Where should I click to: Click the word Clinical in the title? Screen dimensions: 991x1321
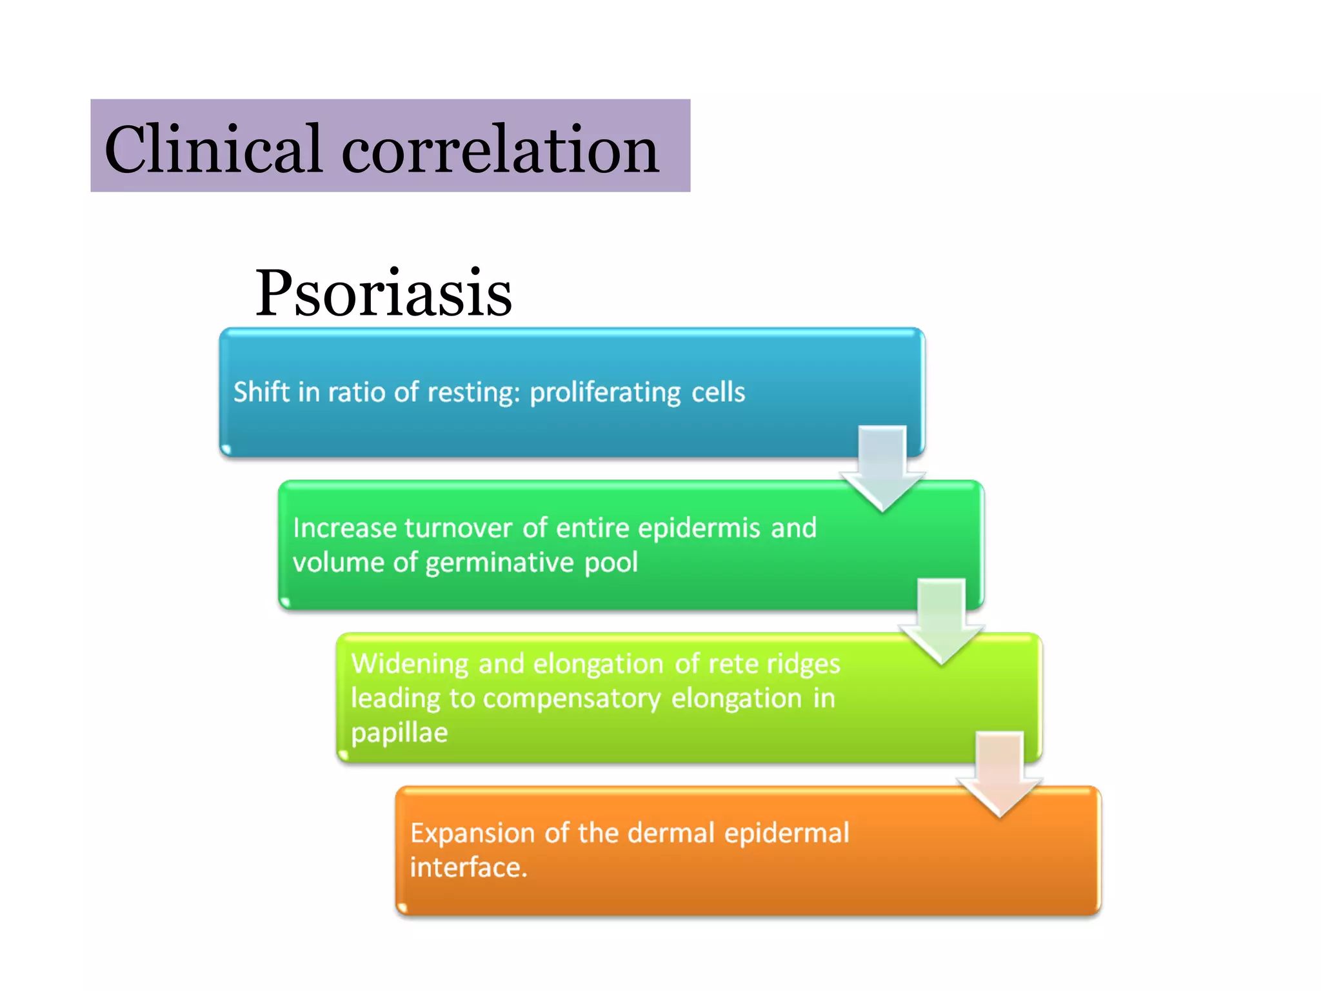click(x=213, y=150)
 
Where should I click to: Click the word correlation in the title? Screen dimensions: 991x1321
click(x=500, y=150)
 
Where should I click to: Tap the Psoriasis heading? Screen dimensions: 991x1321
click(x=383, y=294)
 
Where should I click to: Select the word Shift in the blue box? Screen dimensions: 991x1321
click(x=261, y=392)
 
